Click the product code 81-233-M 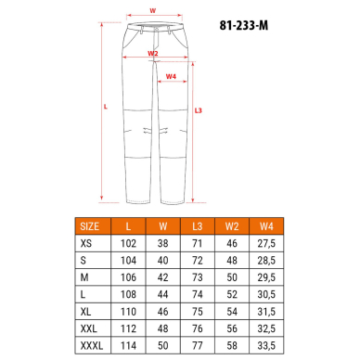[244, 25]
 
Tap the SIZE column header [90, 226]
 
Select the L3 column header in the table [197, 226]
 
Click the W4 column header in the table [266, 226]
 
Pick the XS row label [86, 243]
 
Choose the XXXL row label [92, 345]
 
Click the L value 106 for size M [128, 277]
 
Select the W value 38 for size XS [162, 243]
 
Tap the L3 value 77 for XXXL [198, 345]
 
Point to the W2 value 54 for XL [232, 312]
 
